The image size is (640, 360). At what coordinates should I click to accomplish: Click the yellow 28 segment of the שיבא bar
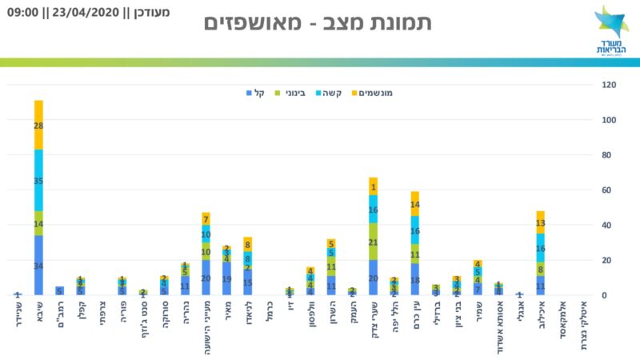click(38, 126)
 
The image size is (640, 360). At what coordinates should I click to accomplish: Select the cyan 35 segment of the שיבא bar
click(38, 181)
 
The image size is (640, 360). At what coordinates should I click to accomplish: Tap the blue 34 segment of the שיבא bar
click(38, 266)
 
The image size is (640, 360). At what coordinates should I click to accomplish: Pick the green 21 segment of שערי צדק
click(373, 242)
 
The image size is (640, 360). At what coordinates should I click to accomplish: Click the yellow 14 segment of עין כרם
click(415, 204)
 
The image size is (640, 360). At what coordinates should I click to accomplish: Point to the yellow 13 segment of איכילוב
click(540, 223)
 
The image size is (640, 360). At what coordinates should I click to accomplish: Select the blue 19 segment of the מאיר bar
click(226, 279)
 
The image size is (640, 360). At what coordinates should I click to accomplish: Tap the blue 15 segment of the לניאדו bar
click(247, 282)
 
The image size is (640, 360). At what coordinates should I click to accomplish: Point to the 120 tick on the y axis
click(610, 85)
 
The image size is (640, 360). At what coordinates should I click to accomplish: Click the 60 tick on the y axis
click(610, 190)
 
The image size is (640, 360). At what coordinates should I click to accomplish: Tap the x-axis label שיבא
click(38, 313)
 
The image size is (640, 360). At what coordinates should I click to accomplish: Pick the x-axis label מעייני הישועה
click(206, 328)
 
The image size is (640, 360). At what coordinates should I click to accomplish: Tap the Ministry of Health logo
click(612, 29)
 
